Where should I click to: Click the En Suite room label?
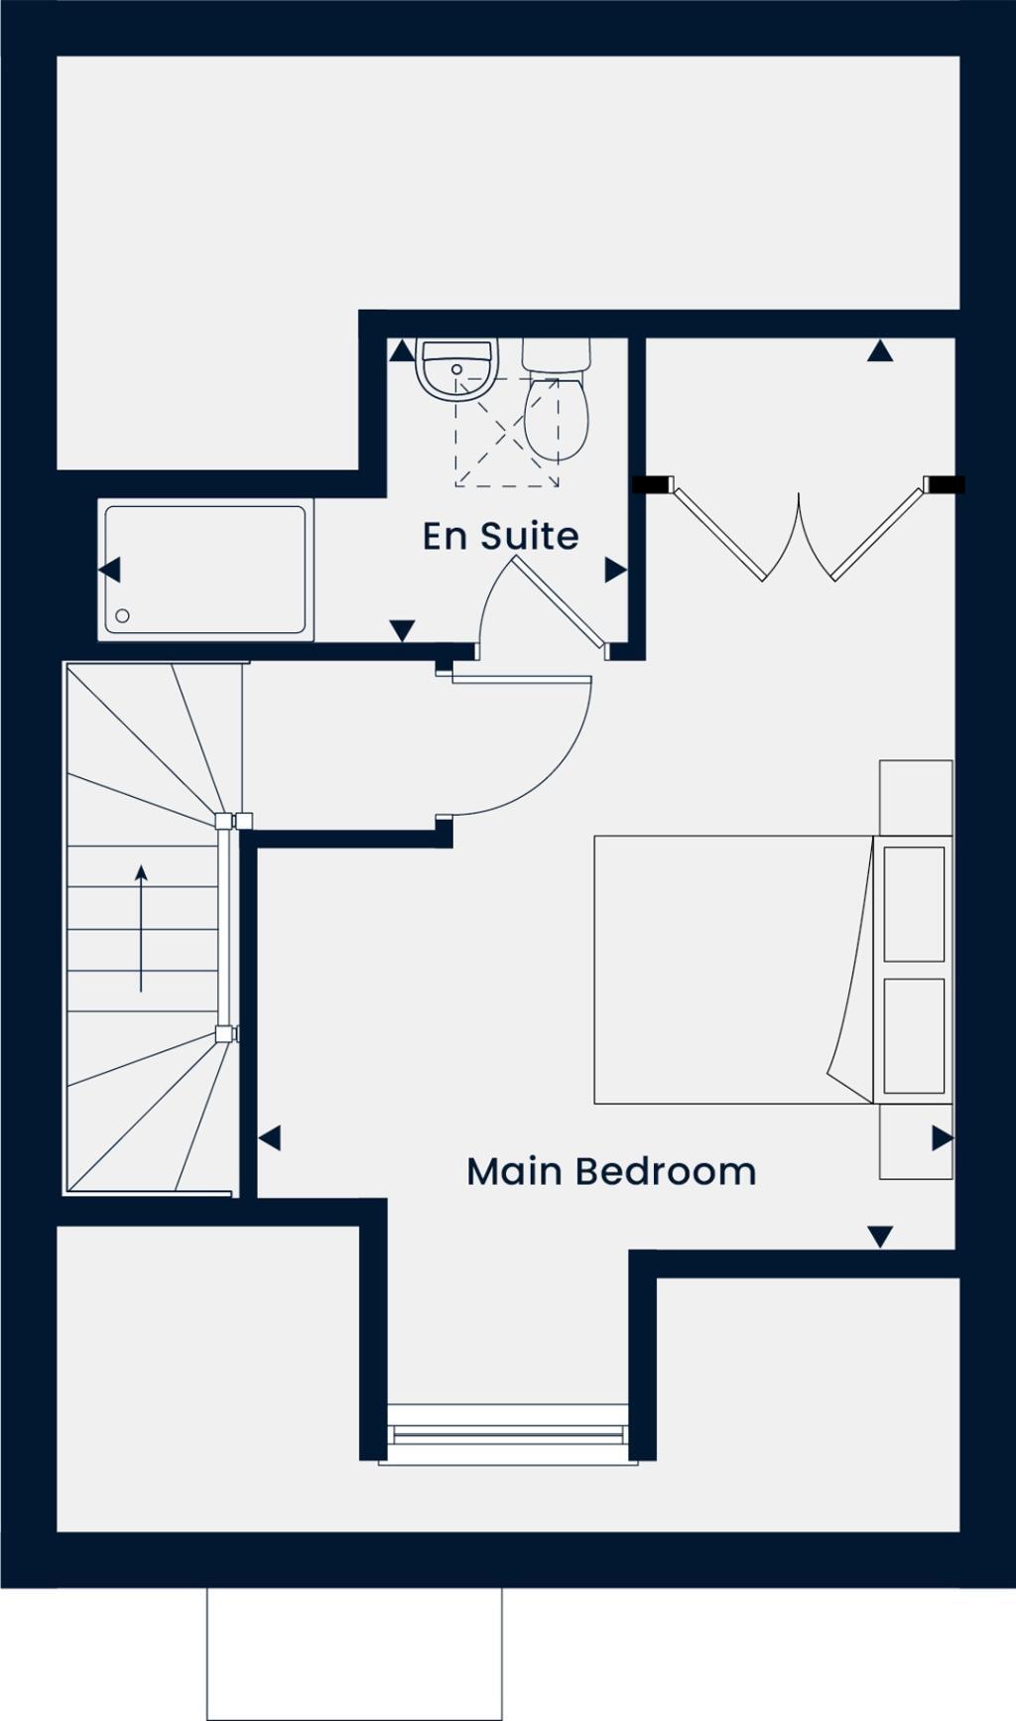(500, 536)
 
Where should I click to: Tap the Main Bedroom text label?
(611, 1171)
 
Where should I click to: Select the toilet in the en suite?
(557, 405)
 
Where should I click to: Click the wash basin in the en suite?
(456, 367)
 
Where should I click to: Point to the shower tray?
(205, 570)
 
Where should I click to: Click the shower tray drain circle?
(123, 616)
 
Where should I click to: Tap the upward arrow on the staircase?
(141, 927)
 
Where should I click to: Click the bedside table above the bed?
(916, 797)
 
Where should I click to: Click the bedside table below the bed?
(916, 1141)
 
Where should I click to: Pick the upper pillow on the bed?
(914, 903)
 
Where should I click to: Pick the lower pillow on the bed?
(914, 1036)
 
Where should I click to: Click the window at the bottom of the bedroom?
(508, 1434)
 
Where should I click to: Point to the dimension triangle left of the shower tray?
(109, 570)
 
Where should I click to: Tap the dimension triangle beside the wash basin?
(401, 351)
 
